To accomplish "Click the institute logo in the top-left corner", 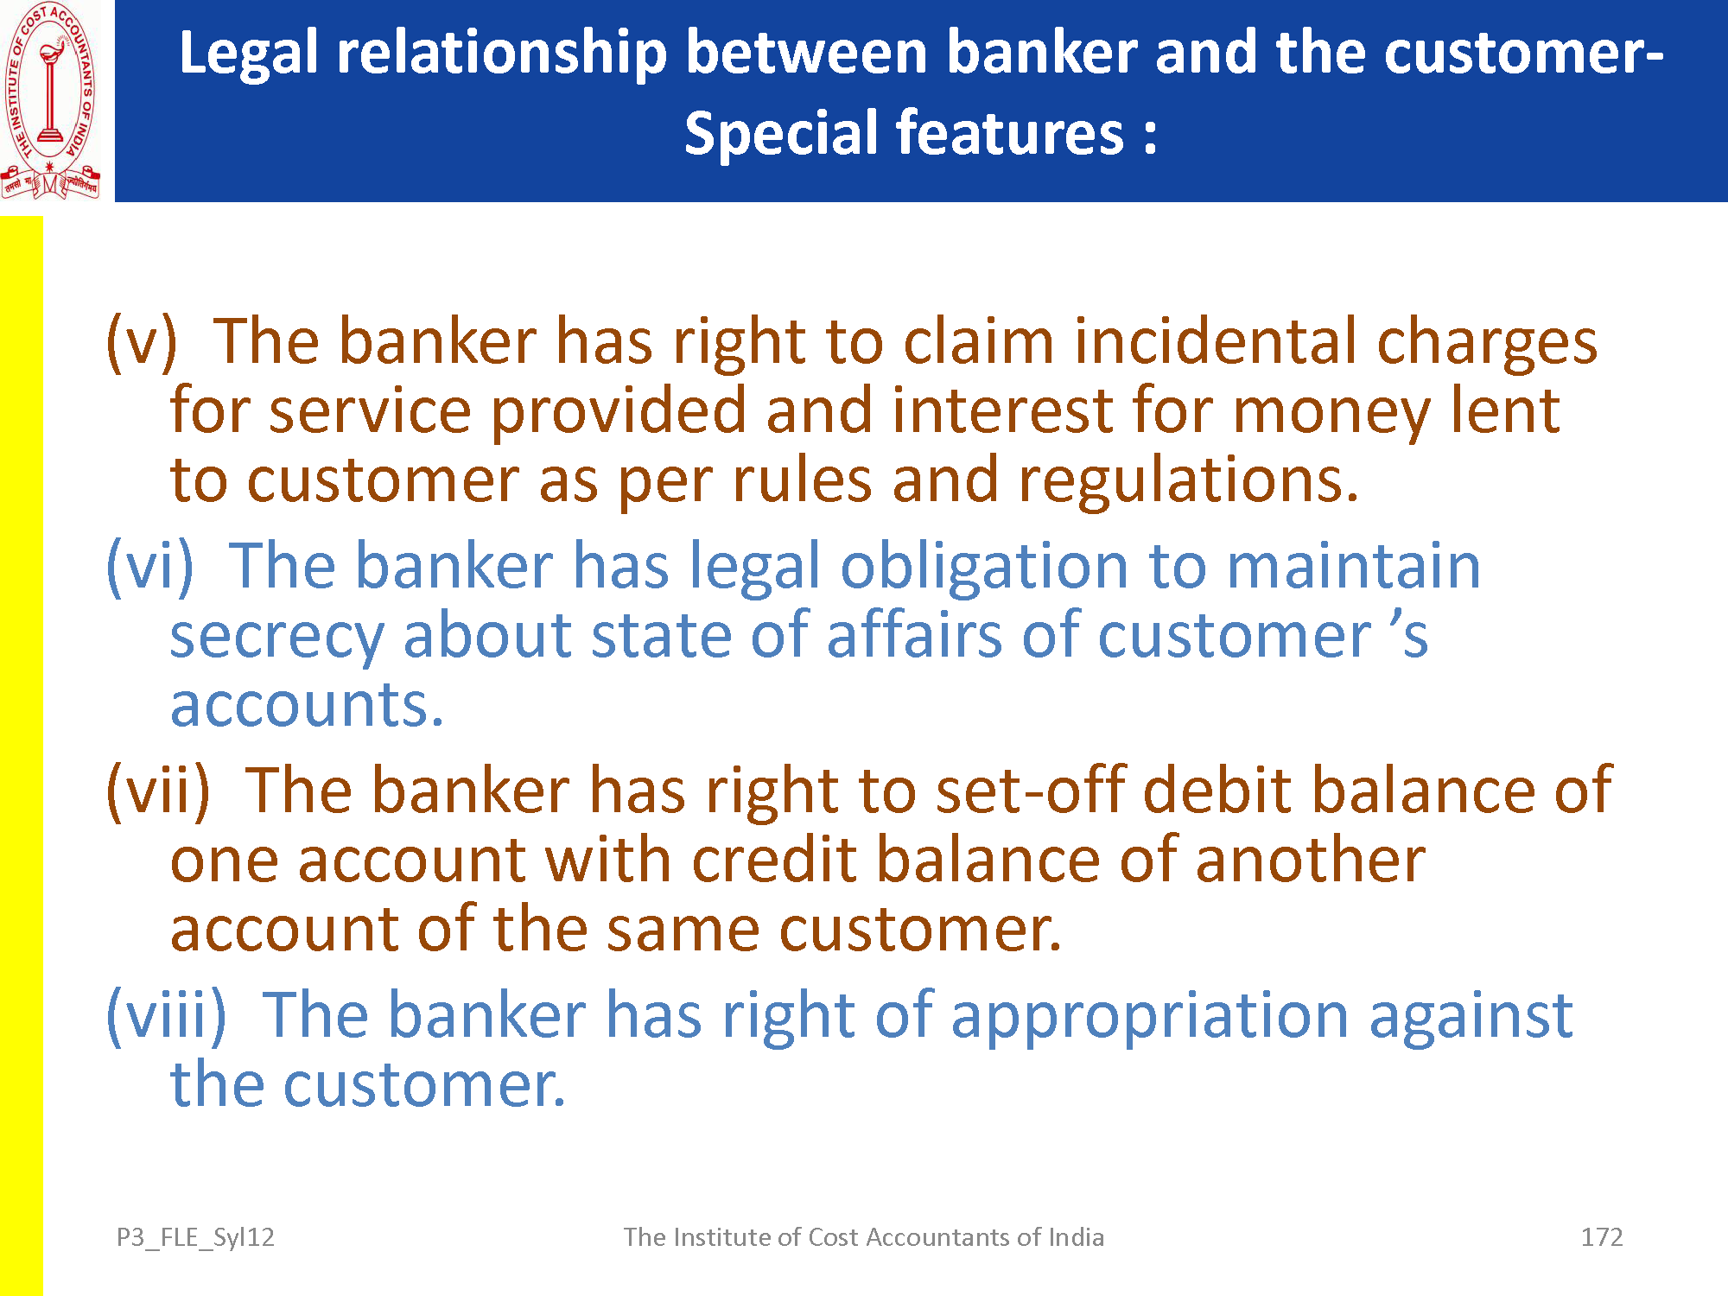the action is (x=50, y=100).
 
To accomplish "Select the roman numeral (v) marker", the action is (x=141, y=342).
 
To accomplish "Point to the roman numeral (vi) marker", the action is (x=149, y=567).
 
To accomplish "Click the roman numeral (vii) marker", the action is (x=158, y=791).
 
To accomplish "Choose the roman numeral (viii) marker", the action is (x=166, y=1016).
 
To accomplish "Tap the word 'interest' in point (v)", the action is (x=1001, y=411).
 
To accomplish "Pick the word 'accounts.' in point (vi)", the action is (x=307, y=705).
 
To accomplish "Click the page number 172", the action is (x=1602, y=1237).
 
